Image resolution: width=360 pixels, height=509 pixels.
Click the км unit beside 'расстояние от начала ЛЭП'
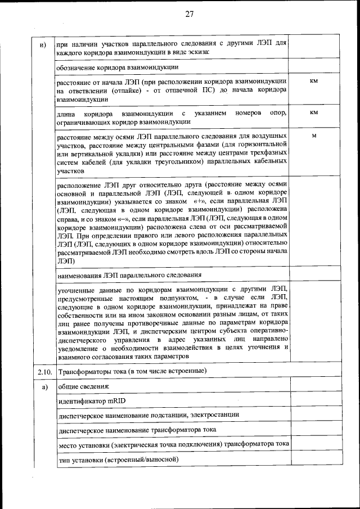[x=314, y=82]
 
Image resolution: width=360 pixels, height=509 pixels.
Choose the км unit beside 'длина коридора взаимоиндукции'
[x=314, y=112]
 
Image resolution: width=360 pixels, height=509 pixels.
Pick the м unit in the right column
[x=314, y=136]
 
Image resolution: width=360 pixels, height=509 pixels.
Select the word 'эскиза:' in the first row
[x=198, y=52]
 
